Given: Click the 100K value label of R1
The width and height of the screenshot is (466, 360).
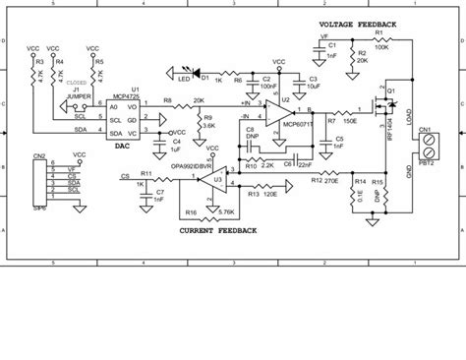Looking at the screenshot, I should tap(381, 45).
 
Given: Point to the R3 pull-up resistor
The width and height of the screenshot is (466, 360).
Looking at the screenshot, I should tap(37, 70).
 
